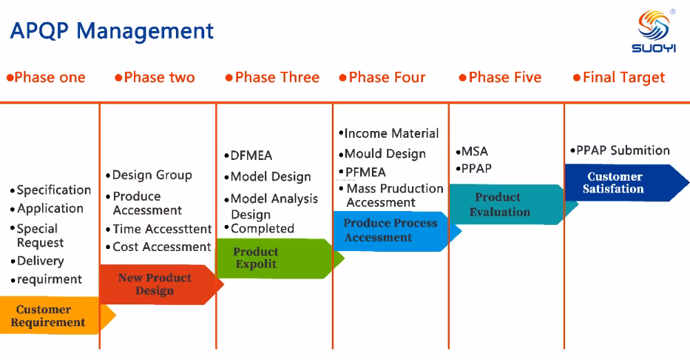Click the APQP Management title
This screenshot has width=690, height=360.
click(112, 31)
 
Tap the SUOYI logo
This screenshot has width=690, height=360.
click(653, 30)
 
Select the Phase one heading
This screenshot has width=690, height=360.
click(46, 77)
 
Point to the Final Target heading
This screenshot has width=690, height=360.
click(619, 77)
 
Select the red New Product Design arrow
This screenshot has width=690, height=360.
click(155, 284)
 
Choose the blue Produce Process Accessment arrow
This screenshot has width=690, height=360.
click(390, 230)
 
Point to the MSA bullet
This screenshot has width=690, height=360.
click(474, 152)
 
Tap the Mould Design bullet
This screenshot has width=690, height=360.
click(384, 154)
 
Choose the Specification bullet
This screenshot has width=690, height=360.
click(53, 190)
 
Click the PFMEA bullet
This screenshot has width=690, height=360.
click(365, 172)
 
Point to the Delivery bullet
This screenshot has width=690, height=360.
click(40, 261)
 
